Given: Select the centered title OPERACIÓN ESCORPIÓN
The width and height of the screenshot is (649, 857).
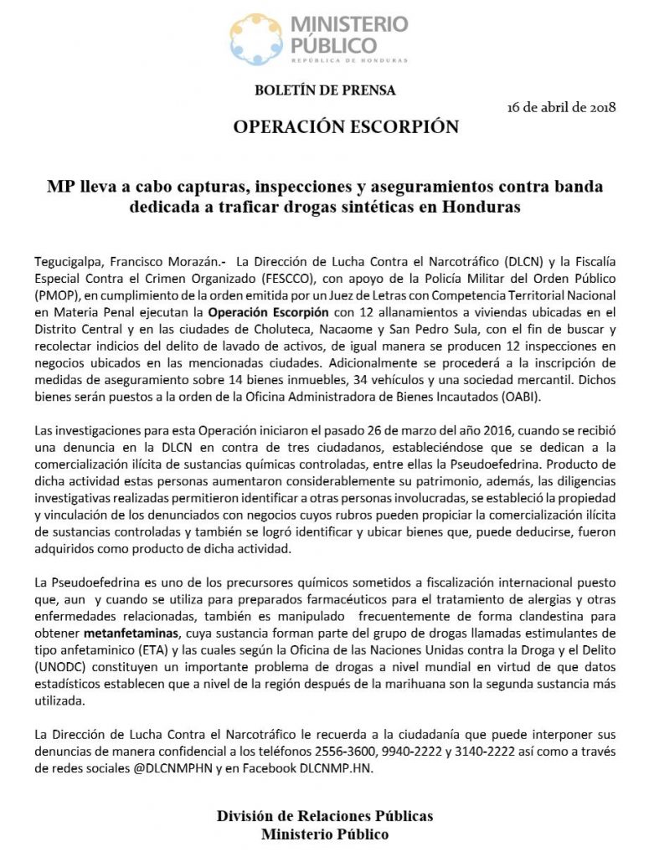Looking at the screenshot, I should click(346, 127).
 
